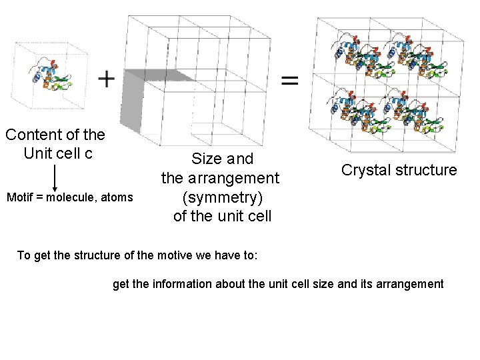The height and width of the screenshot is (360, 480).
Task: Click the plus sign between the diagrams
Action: click(x=106, y=79)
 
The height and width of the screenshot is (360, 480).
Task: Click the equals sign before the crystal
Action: click(x=289, y=81)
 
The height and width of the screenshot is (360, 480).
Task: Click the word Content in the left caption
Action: click(x=31, y=135)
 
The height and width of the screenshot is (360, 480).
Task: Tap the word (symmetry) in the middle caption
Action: click(x=222, y=198)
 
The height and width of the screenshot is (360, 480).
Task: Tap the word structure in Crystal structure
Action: click(x=425, y=170)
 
